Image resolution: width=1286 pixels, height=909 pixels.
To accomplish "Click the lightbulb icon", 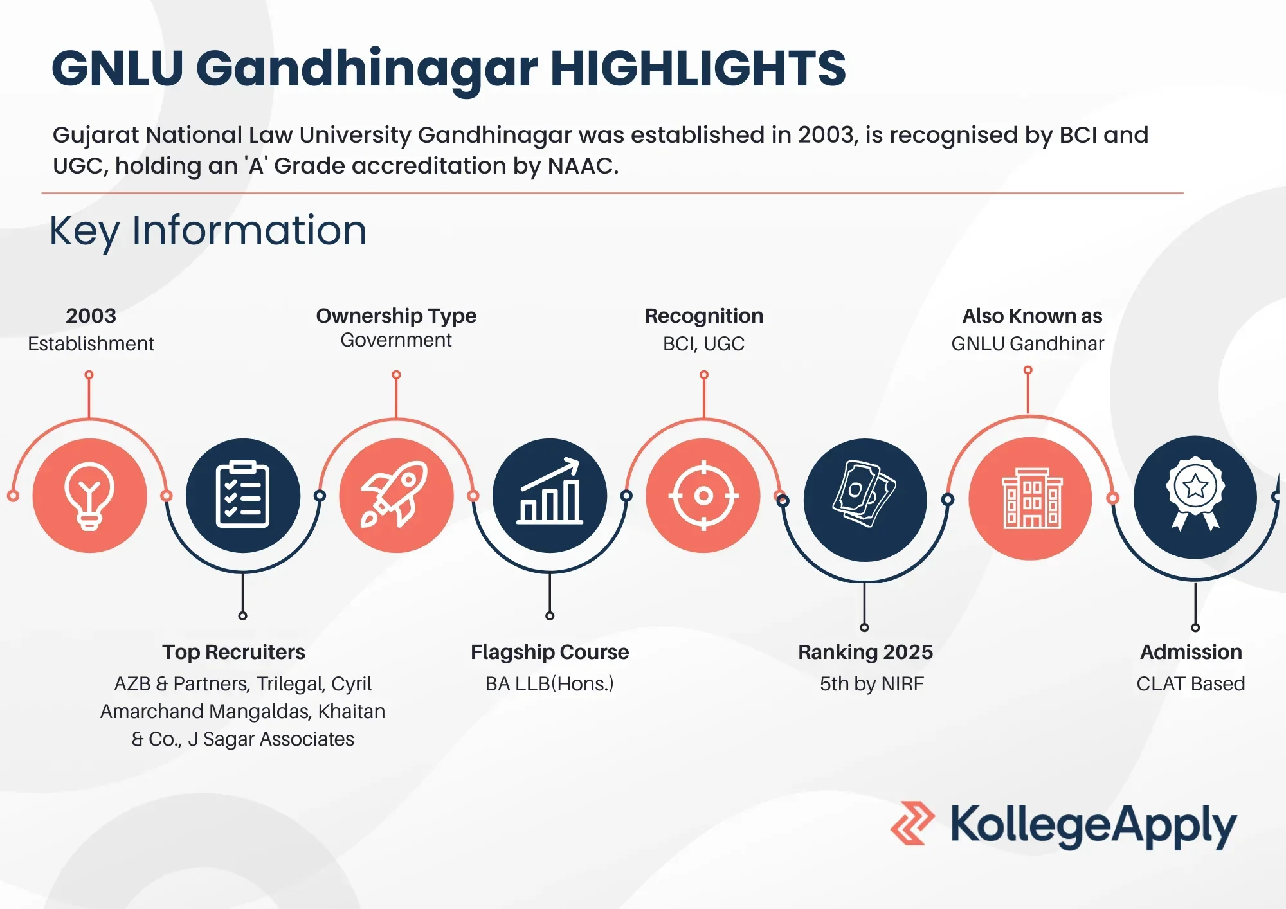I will [x=89, y=496].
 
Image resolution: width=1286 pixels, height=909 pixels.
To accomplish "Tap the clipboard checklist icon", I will [x=242, y=495].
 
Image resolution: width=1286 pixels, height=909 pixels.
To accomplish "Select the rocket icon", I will [x=396, y=495].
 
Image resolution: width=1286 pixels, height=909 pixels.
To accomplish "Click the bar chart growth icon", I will [x=550, y=495].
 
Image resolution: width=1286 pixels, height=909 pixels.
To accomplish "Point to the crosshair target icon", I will [x=703, y=496].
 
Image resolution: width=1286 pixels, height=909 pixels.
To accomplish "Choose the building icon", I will [x=1031, y=499].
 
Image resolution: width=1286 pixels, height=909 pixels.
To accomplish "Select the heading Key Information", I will [x=208, y=231].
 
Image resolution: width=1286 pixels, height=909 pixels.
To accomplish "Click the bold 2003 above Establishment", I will [x=91, y=316].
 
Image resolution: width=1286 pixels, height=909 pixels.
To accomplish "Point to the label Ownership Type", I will [x=396, y=316].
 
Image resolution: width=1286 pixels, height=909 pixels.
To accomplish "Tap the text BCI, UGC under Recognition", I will [x=703, y=344].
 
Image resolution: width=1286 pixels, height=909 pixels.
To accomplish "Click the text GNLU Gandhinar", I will [x=1028, y=344].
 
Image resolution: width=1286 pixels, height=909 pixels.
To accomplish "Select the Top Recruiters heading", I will [x=233, y=652].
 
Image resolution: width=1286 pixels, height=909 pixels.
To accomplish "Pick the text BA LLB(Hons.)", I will [x=550, y=683].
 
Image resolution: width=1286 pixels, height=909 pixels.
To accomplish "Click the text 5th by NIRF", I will [x=871, y=683].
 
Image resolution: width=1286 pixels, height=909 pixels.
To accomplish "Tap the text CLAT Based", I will [x=1190, y=683].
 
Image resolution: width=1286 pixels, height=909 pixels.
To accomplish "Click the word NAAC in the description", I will [x=581, y=166].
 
